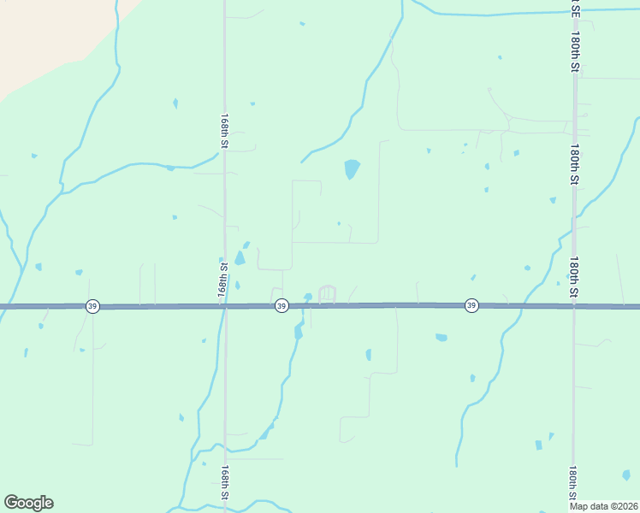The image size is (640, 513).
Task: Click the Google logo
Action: click(x=28, y=503)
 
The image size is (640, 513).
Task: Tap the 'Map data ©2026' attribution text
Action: click(x=603, y=506)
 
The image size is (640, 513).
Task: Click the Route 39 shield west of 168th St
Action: click(x=92, y=306)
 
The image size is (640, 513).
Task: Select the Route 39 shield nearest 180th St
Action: click(x=471, y=306)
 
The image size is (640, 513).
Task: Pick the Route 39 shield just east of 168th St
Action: click(x=281, y=306)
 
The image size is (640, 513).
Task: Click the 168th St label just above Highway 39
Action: click(x=223, y=275)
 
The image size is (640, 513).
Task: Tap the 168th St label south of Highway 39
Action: click(x=224, y=484)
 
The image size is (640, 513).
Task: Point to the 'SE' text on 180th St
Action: click(x=575, y=9)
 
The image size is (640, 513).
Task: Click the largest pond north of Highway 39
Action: click(x=351, y=168)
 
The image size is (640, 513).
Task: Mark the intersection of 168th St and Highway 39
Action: click(x=224, y=306)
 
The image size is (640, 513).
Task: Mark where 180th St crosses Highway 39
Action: click(x=574, y=306)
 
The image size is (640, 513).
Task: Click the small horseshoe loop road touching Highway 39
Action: click(x=327, y=293)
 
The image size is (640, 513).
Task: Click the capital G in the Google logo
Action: click(x=10, y=503)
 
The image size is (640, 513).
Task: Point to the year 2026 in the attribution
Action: click(x=626, y=506)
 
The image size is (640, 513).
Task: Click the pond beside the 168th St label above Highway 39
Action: click(x=240, y=257)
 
